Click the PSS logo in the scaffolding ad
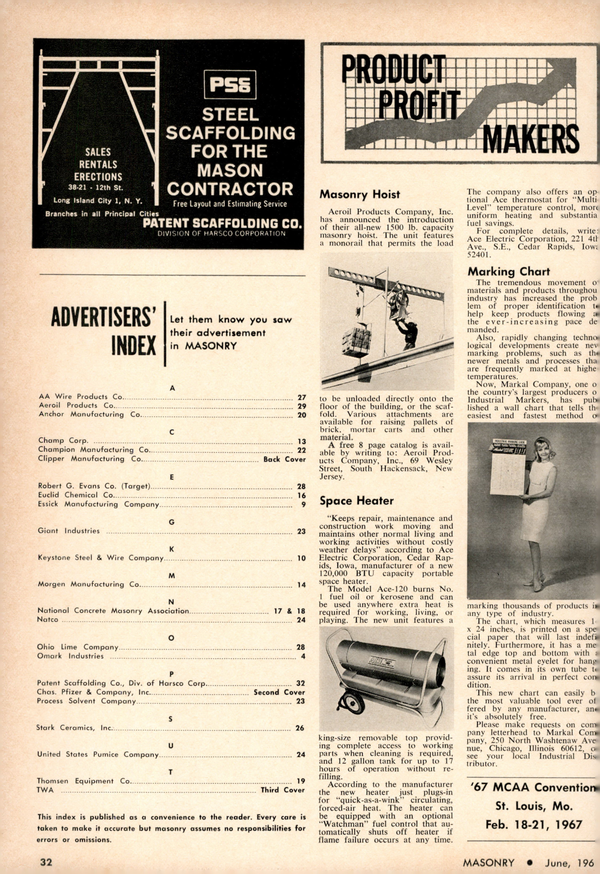[230, 85]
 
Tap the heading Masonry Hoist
[360, 194]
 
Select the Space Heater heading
[357, 501]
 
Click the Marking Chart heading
[508, 271]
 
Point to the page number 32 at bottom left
[46, 862]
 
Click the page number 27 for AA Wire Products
[302, 398]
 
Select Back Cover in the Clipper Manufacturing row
[284, 459]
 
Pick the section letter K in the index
[172, 549]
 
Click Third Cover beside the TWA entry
[282, 790]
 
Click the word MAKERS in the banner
[531, 139]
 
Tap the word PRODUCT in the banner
[393, 69]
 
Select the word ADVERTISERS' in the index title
[104, 318]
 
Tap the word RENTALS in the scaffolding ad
[98, 165]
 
